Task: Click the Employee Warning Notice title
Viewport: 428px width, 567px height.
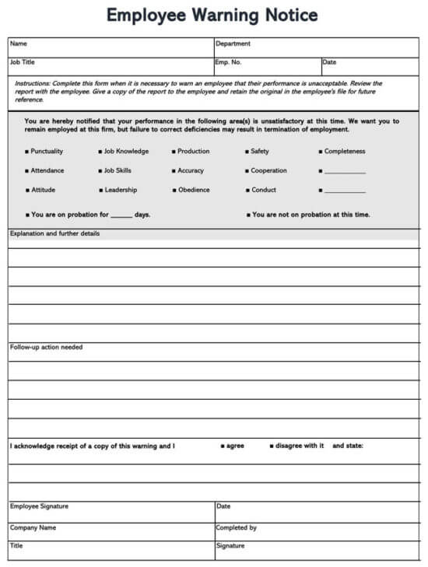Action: click(x=212, y=16)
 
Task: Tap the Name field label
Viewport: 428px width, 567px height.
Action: click(x=18, y=44)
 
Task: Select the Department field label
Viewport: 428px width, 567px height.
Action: click(x=233, y=44)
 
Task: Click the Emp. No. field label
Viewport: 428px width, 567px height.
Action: click(x=229, y=62)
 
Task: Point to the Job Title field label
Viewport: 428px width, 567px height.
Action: click(x=23, y=62)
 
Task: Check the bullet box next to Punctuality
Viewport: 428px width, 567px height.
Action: click(x=26, y=152)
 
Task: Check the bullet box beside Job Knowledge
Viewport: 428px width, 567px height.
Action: click(x=100, y=152)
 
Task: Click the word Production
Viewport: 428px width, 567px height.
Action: click(x=193, y=152)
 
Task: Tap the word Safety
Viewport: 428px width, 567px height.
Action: click(x=259, y=152)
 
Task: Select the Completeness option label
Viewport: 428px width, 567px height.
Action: click(x=345, y=152)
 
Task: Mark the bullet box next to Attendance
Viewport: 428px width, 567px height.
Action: click(x=26, y=171)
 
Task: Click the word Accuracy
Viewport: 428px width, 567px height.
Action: click(x=191, y=171)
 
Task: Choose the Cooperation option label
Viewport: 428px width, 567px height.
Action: click(x=268, y=171)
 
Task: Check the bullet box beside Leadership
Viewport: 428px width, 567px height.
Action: click(x=100, y=191)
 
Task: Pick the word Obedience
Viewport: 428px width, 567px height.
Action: click(x=194, y=191)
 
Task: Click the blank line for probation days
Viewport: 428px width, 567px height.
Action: click(x=121, y=215)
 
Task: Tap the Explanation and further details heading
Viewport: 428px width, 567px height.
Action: click(x=54, y=233)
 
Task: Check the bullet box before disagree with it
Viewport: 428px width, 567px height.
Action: click(x=272, y=446)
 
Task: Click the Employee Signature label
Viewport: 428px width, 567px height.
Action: click(x=39, y=506)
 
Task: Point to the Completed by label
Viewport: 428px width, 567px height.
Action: click(x=236, y=527)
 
